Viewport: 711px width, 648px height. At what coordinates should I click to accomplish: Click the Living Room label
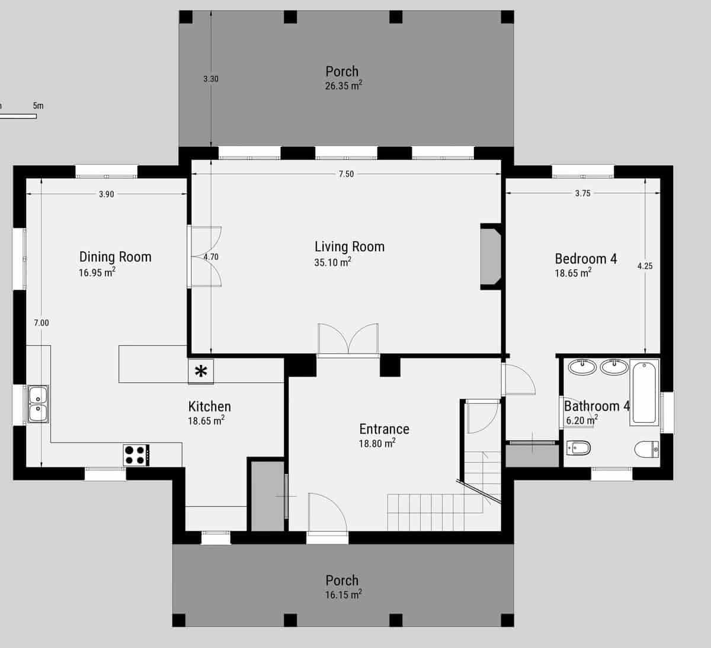point(349,246)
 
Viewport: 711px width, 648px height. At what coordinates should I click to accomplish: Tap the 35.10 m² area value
point(332,262)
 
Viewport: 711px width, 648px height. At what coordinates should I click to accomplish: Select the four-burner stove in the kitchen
point(136,455)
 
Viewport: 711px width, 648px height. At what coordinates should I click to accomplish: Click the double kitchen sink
point(38,405)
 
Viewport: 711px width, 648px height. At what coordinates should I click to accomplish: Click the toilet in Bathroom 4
point(646,450)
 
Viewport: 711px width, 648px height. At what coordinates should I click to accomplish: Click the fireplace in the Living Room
point(491,256)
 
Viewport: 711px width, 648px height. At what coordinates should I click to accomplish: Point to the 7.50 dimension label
point(346,174)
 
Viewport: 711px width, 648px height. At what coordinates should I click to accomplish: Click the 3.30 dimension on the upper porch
point(211,79)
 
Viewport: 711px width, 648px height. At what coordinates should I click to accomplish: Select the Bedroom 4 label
point(585,259)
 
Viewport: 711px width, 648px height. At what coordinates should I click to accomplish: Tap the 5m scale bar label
point(38,106)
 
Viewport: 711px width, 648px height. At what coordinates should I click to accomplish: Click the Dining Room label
point(115,256)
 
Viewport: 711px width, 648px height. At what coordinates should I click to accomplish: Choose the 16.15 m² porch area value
point(343,595)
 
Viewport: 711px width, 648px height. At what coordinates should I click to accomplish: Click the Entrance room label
point(384,429)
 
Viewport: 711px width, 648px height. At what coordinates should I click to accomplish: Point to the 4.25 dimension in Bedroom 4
point(645,266)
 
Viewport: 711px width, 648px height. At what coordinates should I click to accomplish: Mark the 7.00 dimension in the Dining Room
point(41,323)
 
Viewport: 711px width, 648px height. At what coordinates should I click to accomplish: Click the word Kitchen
point(209,406)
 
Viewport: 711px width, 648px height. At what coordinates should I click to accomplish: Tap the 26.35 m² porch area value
point(343,86)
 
